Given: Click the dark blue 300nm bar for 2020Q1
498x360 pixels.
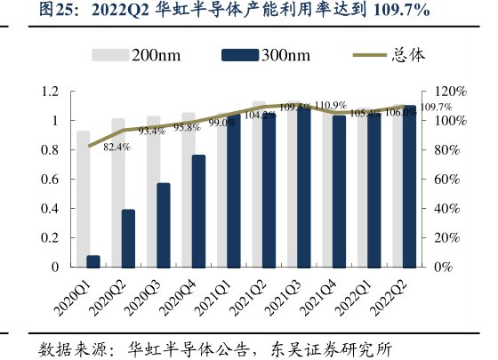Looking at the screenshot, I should pos(93,261).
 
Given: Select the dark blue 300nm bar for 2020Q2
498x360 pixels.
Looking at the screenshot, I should pos(129,238).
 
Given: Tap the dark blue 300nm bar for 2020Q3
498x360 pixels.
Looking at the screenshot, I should pos(164,225).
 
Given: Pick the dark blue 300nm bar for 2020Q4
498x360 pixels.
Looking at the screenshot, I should pos(198,211).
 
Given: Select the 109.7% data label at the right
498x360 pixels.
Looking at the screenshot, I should pos(434,107).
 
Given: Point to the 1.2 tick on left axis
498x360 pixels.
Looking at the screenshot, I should pos(50,92).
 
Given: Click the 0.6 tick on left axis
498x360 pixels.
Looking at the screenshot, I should pos(50,179).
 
